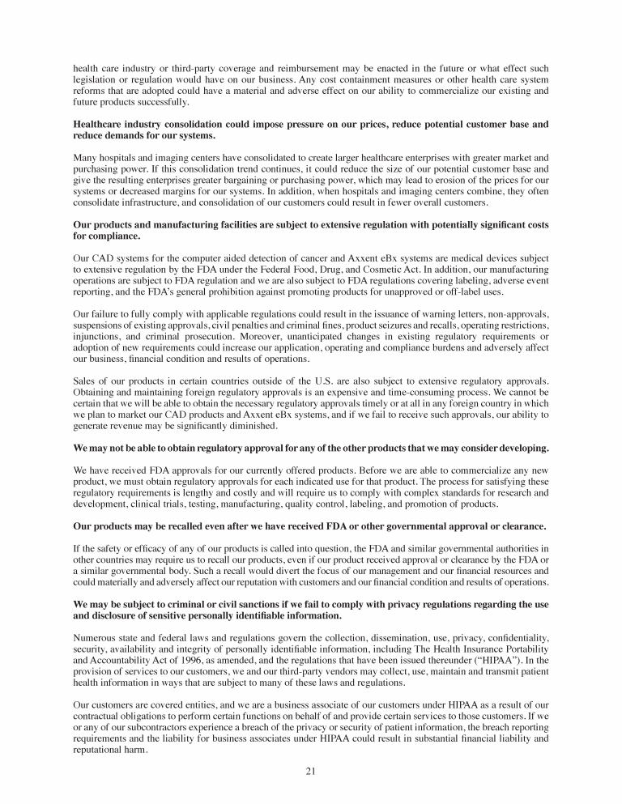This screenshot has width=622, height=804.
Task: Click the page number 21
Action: click(310, 770)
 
